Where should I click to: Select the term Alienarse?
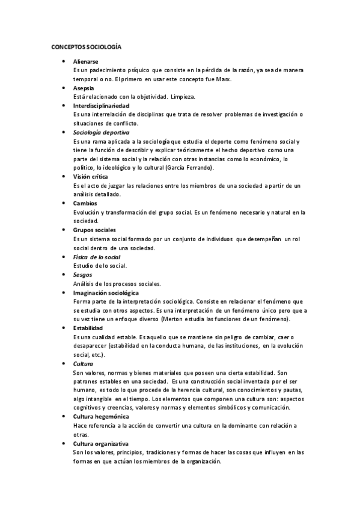[x=86, y=62]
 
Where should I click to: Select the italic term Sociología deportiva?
[x=101, y=132]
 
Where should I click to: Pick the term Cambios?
[x=85, y=203]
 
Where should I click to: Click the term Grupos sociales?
[x=95, y=230]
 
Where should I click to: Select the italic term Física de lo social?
[x=97, y=257]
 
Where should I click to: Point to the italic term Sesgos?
[x=83, y=274]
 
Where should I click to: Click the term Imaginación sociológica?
[x=106, y=292]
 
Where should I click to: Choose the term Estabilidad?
[x=88, y=328]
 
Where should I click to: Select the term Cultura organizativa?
[x=101, y=443]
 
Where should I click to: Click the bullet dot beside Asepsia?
[x=63, y=88]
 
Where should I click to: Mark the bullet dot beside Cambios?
[x=63, y=203]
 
